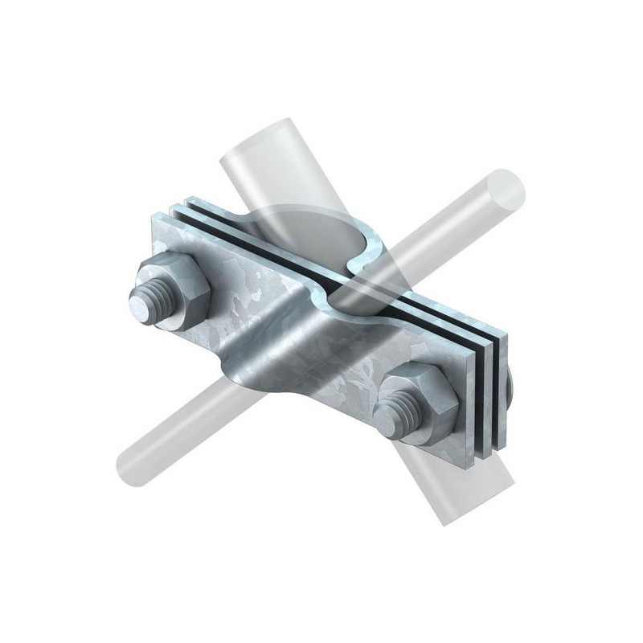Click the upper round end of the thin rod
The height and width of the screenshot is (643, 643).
pos(507,188)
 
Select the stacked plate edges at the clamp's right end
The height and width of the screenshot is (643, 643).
pos(492,394)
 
